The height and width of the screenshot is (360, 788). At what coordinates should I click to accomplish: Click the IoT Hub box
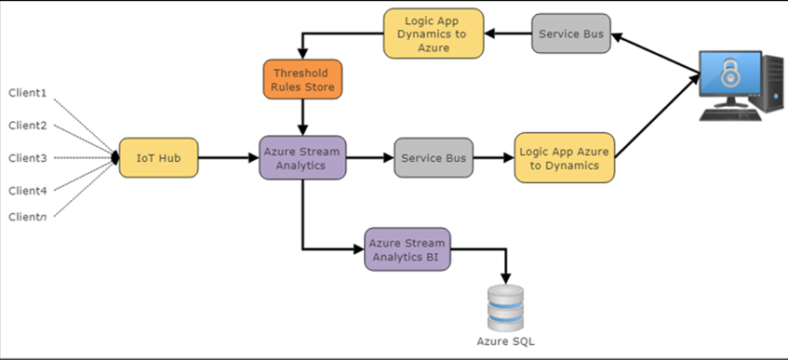point(158,158)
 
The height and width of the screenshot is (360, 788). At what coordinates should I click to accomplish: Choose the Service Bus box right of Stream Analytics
point(434,158)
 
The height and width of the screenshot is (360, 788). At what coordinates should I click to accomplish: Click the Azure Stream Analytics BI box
point(407,249)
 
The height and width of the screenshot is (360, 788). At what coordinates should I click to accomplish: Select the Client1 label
point(27,94)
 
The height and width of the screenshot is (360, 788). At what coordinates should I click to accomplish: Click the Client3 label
point(27,158)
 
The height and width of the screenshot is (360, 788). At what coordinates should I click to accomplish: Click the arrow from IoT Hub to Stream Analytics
point(228,158)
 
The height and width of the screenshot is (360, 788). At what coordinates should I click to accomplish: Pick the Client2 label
point(27,126)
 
